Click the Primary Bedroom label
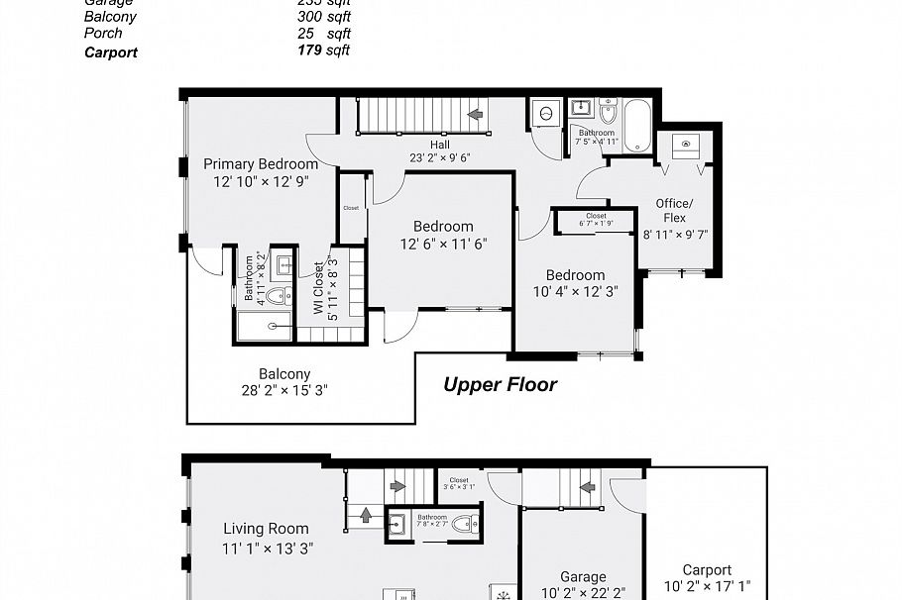[261, 164]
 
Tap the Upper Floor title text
[500, 384]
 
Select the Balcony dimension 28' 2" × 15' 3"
[285, 390]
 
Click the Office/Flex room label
[674, 210]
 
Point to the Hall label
[439, 145]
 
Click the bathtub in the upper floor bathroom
[636, 126]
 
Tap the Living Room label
[266, 529]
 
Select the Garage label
[582, 577]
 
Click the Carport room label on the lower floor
[707, 570]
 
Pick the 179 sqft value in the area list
[323, 50]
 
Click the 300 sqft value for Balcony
[323, 17]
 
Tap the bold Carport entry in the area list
[111, 51]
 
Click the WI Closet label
[319, 287]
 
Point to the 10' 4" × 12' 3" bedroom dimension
[575, 291]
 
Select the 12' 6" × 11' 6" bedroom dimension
[443, 244]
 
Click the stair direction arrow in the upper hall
[476, 115]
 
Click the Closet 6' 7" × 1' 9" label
[596, 219]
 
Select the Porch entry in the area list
[103, 34]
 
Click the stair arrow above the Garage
[587, 486]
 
